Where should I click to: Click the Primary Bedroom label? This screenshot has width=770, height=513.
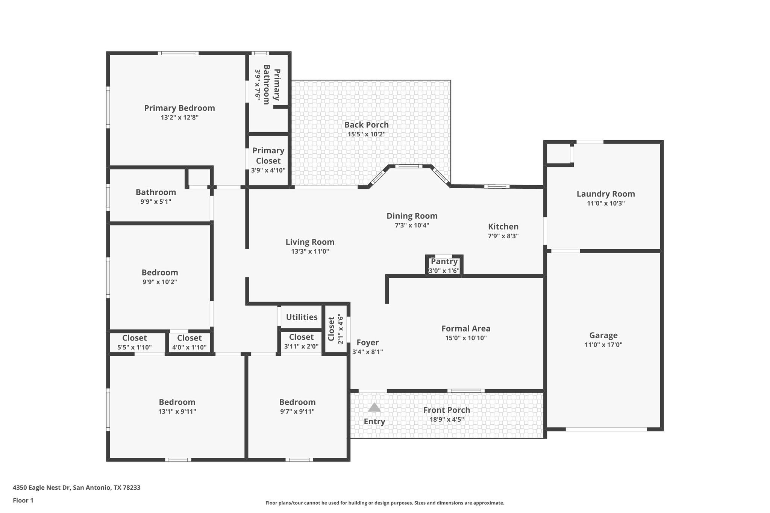pos(179,108)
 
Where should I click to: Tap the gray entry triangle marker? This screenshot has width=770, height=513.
pos(374,408)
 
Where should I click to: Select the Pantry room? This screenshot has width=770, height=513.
pos(444,265)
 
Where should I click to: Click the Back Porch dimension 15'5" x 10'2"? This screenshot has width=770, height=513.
pos(367,134)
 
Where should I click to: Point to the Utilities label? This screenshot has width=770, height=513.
pos(302,317)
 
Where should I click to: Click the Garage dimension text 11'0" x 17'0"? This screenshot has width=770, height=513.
pos(603,345)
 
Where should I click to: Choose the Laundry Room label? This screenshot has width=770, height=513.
pos(605,194)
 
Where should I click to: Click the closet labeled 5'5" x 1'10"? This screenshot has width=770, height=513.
pos(134,342)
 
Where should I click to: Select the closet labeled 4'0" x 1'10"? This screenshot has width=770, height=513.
pos(189,342)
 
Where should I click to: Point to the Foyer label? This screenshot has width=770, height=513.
pos(367,343)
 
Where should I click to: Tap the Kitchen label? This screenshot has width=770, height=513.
pos(503,227)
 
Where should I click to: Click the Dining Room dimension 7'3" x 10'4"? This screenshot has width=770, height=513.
pos(412,225)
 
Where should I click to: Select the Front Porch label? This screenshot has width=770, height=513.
pos(446,410)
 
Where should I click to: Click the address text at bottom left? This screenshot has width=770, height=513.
pos(77,487)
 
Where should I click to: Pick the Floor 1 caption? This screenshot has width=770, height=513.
pos(23,500)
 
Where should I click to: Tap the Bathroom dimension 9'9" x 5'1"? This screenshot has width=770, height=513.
pos(156,202)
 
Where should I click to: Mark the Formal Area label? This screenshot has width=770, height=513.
pos(465,329)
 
